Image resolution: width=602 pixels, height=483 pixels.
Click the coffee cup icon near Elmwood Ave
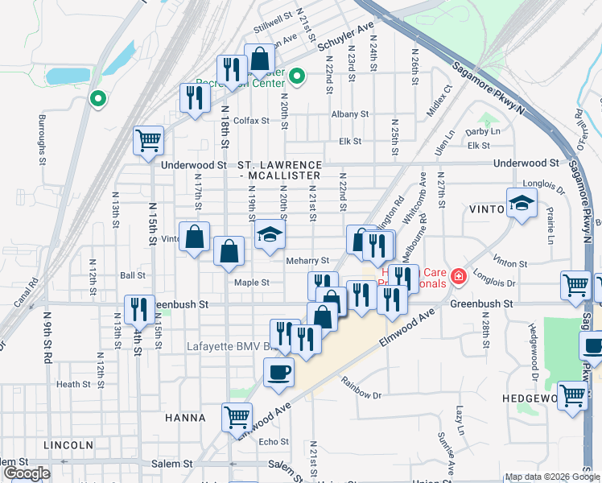[x=278, y=373]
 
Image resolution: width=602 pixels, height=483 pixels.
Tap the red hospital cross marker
[x=458, y=277]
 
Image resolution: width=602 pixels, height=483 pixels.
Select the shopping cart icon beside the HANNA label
[x=237, y=417]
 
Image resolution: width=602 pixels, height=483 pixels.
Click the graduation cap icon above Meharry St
[x=270, y=235]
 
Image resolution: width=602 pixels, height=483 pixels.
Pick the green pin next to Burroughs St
[x=98, y=99]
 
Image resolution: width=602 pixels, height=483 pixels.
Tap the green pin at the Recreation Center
[x=296, y=77]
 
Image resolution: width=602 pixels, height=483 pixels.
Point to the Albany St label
[x=349, y=114]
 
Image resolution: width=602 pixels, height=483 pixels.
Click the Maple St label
[x=251, y=283]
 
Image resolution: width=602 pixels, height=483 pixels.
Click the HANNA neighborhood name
[x=185, y=418]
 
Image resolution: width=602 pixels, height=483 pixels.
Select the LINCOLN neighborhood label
[x=70, y=444]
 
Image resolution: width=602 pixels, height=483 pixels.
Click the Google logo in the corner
[x=27, y=473]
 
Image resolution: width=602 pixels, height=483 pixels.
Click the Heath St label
[x=73, y=385]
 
